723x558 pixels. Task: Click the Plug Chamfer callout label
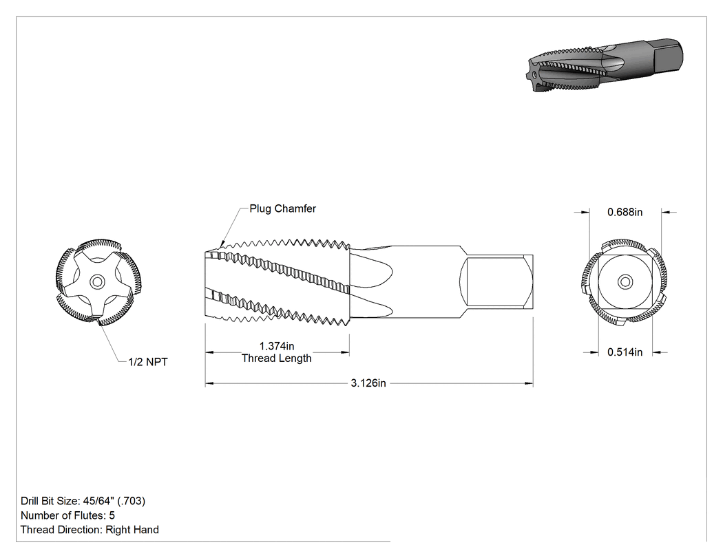[282, 208]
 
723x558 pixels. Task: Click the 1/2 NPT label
[148, 362]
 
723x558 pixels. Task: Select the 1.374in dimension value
[277, 346]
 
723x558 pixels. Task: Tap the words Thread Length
[277, 358]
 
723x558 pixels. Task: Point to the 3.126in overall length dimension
[368, 383]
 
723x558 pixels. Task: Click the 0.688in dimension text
[625, 213]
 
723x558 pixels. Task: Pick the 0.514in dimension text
[625, 352]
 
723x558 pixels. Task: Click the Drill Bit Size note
[83, 501]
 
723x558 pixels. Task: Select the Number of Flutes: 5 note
[67, 515]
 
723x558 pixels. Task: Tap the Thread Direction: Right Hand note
[90, 530]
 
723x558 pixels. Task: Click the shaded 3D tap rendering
[605, 65]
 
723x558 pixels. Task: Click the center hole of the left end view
[97, 282]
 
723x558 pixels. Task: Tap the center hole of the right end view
[625, 282]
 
